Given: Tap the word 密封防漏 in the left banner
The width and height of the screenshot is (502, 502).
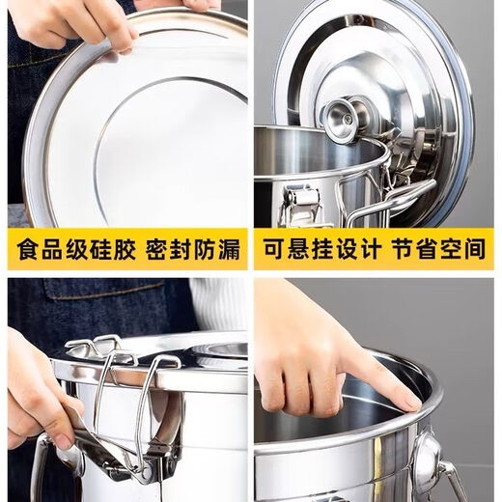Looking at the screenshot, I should point(194,249).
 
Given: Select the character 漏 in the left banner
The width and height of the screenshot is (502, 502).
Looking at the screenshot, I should point(230,249).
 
